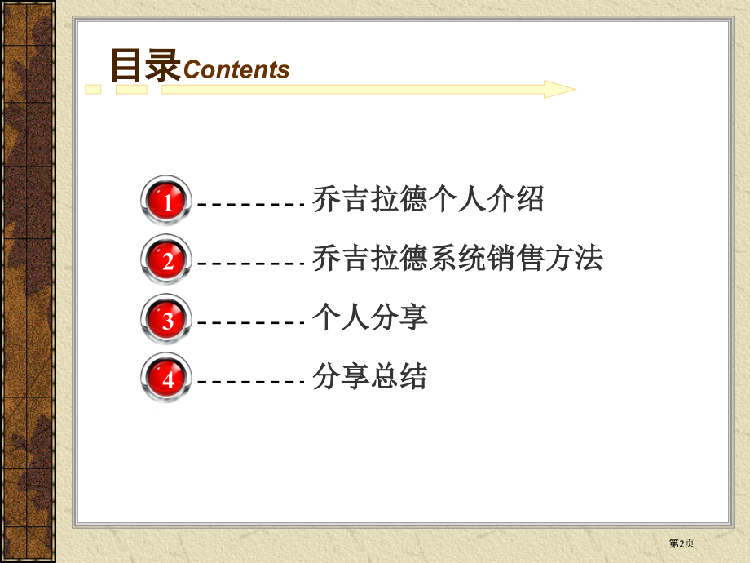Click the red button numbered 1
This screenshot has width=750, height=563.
(166, 200)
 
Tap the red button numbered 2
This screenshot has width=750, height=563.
(166, 259)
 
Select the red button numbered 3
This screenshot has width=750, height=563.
(166, 319)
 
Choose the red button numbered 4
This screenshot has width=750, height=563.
(166, 378)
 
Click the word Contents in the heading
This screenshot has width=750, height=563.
(236, 70)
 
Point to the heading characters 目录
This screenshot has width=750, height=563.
(145, 65)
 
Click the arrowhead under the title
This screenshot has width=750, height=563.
(560, 90)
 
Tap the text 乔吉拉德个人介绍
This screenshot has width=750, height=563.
(428, 199)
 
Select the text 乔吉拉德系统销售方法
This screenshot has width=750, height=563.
(457, 259)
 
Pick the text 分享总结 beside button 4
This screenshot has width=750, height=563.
(370, 376)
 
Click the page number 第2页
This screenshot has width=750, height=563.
(682, 543)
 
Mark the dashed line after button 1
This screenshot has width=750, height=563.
(251, 205)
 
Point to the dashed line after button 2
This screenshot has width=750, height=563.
(251, 264)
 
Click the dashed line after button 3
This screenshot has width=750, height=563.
(251, 322)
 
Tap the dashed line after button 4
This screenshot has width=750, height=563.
(251, 382)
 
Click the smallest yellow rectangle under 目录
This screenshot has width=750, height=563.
(93, 90)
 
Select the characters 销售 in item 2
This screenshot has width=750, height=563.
(515, 259)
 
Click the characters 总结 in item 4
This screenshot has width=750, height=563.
(399, 376)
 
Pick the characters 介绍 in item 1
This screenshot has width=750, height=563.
(515, 199)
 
